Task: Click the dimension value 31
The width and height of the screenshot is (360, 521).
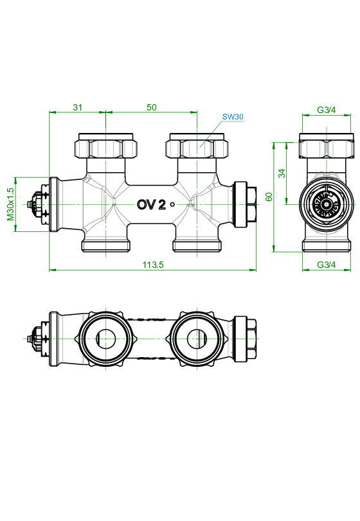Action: point(77,107)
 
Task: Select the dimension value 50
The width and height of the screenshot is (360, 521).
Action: point(152,107)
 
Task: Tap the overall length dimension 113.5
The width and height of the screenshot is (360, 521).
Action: point(152,265)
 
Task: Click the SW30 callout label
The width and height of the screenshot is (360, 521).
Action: point(232,117)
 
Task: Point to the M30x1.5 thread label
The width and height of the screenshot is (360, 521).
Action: point(10,204)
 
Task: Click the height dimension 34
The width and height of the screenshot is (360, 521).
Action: point(282,173)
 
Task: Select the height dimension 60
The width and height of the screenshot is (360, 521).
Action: point(269,197)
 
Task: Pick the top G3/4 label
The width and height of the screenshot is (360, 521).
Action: point(327,110)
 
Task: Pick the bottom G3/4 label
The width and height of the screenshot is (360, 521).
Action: point(327,265)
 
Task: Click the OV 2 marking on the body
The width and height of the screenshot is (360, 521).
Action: point(151,204)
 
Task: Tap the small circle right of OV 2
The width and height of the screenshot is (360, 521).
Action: point(172,205)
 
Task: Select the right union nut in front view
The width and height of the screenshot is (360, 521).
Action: point(198,147)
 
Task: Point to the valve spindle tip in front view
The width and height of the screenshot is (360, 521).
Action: point(29,204)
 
